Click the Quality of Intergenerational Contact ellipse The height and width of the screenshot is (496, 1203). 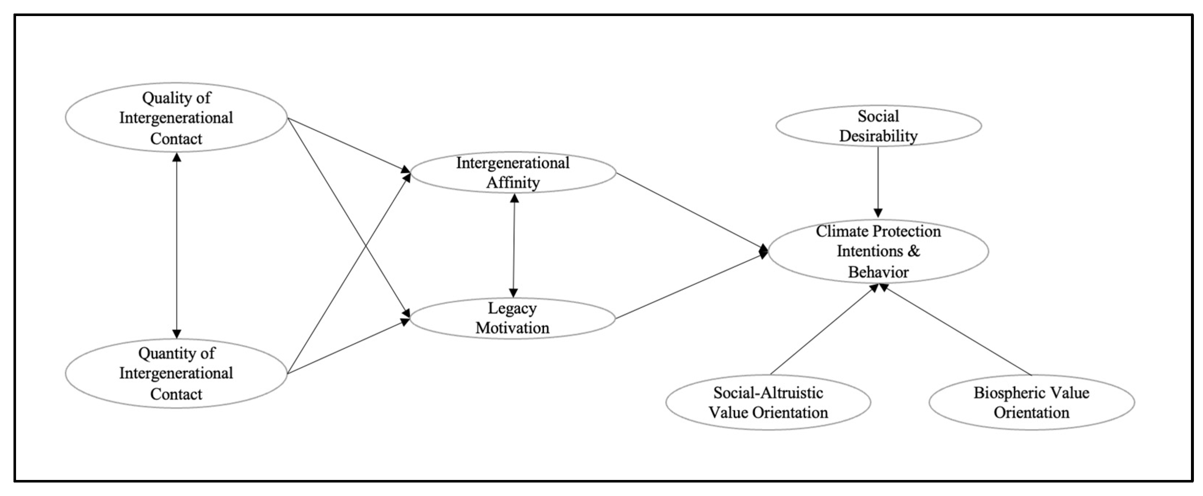click(x=176, y=118)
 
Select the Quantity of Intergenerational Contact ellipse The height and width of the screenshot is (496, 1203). click(x=176, y=373)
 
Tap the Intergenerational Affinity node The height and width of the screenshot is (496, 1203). click(x=513, y=173)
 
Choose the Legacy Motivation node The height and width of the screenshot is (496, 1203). click(x=512, y=318)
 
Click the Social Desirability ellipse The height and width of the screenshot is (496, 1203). click(x=878, y=125)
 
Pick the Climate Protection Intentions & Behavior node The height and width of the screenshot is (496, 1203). click(x=878, y=251)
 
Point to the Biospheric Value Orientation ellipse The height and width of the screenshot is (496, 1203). click(x=1031, y=402)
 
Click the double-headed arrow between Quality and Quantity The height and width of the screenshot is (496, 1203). click(x=176, y=245)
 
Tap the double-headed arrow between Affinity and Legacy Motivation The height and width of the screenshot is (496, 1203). click(x=514, y=245)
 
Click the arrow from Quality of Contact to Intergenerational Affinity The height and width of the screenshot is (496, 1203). click(x=348, y=144)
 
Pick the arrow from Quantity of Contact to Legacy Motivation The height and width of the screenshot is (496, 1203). click(x=348, y=346)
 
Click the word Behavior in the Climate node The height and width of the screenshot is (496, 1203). click(x=878, y=272)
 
